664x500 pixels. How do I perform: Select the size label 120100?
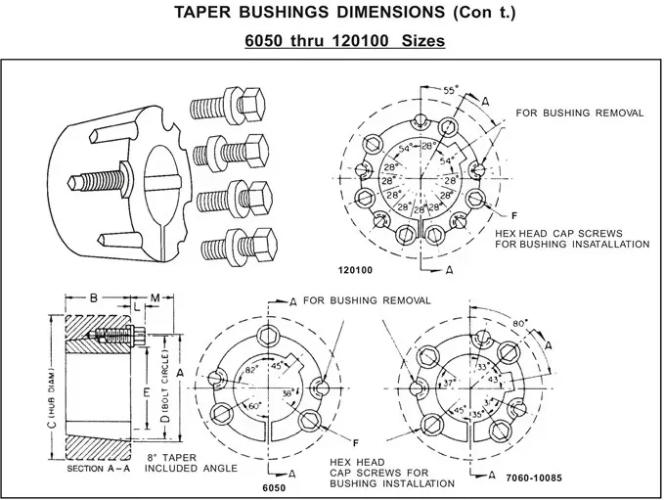click(356, 268)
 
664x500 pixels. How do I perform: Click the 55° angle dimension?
click(451, 90)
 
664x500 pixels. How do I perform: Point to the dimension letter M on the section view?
click(155, 296)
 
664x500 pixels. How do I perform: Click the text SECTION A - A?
click(99, 469)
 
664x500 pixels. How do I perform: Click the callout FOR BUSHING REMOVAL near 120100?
click(579, 113)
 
